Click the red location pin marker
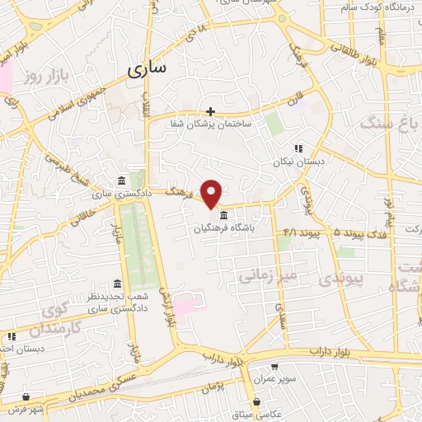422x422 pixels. tap(213, 193)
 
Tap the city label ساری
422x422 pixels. tap(149, 69)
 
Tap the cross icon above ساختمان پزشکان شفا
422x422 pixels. tap(210, 111)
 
